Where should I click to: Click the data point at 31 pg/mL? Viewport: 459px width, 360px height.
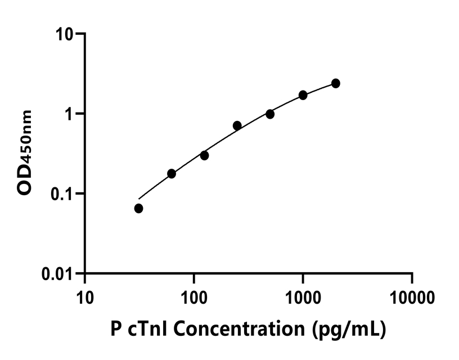coord(139,209)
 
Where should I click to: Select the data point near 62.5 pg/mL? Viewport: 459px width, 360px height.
coord(172,174)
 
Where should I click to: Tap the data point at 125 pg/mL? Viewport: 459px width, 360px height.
coord(204,155)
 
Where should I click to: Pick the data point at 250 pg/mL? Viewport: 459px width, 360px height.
coord(237,125)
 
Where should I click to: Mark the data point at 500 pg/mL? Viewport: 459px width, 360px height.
coord(270,114)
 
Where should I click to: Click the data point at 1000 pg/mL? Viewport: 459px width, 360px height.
coord(303,95)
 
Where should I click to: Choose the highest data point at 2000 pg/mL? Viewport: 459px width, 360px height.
coord(336,83)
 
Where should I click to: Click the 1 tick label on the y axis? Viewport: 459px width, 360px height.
coord(70,114)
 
